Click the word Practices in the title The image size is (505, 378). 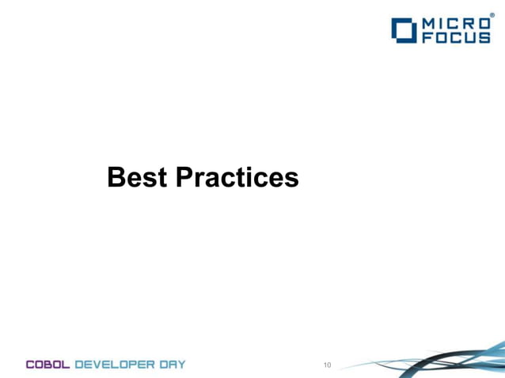tap(236, 178)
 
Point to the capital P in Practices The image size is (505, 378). tap(183, 178)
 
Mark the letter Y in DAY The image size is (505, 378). tap(181, 365)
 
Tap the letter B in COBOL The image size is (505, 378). tap(50, 365)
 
